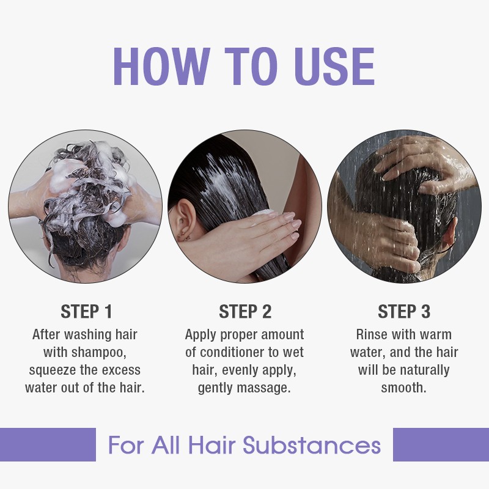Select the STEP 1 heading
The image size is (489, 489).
[x=86, y=311]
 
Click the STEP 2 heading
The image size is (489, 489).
[x=244, y=311]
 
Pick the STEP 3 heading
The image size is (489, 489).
[x=403, y=311]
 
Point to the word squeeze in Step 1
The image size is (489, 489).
[x=53, y=370]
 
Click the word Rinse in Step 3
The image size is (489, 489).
[x=373, y=335]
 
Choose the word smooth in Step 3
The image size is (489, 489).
[x=403, y=388]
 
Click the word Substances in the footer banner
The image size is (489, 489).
[x=312, y=444]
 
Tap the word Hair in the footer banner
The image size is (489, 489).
[x=209, y=444]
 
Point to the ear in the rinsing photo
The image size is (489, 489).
[x=453, y=235]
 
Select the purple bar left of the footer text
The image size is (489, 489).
[x=48, y=444]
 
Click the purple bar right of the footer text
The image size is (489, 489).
[x=441, y=444]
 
